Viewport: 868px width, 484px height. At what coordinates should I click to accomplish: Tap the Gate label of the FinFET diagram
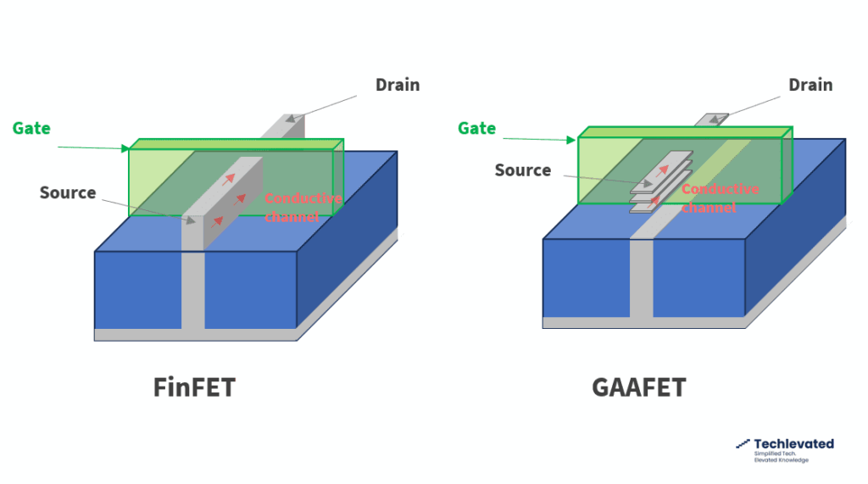pos(31,129)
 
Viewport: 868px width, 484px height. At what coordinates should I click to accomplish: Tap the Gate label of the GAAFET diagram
pos(476,128)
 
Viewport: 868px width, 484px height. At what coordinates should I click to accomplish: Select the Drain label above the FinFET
pos(398,85)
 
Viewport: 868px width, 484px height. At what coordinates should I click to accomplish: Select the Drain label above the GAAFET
pos(810,85)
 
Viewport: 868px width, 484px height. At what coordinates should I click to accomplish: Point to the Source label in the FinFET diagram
pos(68,192)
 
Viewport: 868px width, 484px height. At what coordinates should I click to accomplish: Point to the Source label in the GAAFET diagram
pos(523,170)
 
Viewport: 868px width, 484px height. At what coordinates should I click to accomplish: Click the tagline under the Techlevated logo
pos(781,457)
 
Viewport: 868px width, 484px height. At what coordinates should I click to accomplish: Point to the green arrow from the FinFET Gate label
pos(92,147)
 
